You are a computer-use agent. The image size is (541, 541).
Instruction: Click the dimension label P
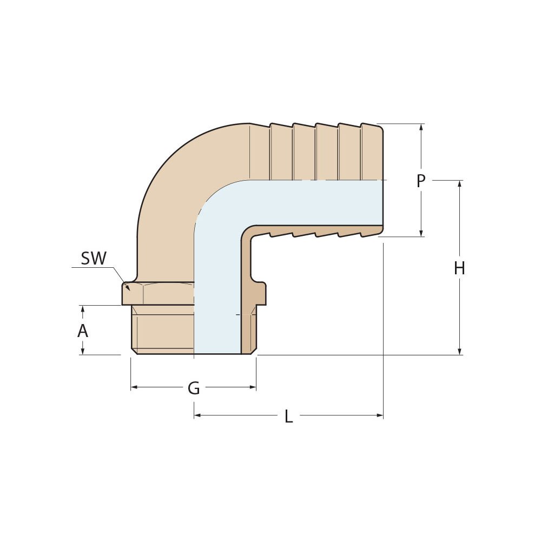coord(421,181)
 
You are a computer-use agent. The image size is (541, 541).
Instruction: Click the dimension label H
coord(459,268)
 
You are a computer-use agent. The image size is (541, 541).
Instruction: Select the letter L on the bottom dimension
coord(289,416)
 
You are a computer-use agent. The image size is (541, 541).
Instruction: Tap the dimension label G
coord(194,388)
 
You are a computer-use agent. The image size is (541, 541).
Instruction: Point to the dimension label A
coord(82,331)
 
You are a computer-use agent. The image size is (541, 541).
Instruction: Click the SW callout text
coord(94,259)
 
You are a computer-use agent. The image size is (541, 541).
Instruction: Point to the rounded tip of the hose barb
coord(381,130)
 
